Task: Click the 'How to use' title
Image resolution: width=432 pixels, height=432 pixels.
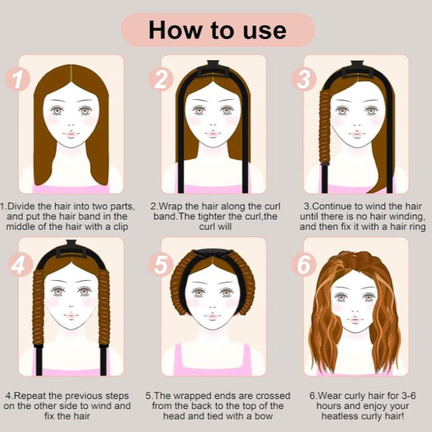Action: tap(218, 30)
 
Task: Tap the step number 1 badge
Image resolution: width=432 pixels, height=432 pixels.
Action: tap(18, 79)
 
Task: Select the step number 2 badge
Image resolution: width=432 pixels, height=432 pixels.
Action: tap(161, 79)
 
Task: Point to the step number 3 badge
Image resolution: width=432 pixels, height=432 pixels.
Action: tap(304, 79)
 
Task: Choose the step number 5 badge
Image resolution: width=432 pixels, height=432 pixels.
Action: tap(161, 265)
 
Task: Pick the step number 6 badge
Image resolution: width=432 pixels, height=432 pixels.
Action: tap(304, 265)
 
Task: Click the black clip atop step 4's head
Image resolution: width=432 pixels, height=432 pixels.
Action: tap(72, 249)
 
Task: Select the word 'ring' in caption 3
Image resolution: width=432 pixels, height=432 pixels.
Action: tap(417, 227)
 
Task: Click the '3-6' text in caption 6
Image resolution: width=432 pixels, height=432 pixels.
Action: tap(408, 396)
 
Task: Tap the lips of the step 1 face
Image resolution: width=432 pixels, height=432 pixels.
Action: tap(71, 134)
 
